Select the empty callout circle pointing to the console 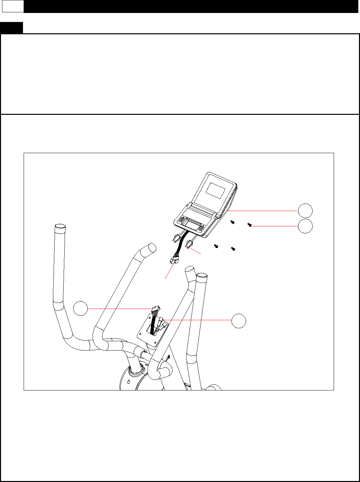pos(305,211)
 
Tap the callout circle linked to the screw pos(305,226)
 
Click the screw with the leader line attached pos(249,225)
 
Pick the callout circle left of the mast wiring pos(81,309)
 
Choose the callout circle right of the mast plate pos(239,321)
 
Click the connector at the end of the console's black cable pos(174,261)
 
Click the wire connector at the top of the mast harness pos(156,309)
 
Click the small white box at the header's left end pos(13,6)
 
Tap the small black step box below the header pos(11,28)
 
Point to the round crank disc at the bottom pos(130,379)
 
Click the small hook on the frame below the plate pos(168,357)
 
